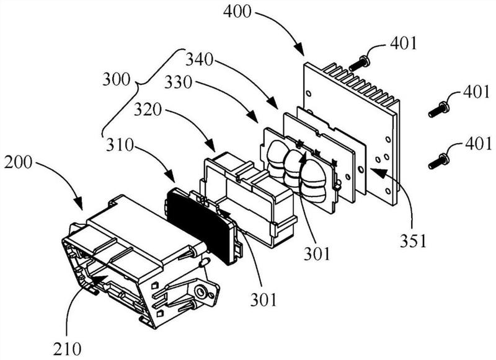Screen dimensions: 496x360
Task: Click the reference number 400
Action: pos(237,12)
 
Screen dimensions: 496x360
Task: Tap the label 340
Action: pos(199,59)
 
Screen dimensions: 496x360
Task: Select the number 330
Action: pos(178,82)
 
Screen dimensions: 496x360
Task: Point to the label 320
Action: pos(148,110)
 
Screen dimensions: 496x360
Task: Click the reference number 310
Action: pos(120,145)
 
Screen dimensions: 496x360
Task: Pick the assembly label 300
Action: pos(117,79)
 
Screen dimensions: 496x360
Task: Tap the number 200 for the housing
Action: pos(19,162)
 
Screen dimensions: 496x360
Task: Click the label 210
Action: pos(67,349)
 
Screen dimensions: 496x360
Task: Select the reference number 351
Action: pos(413,241)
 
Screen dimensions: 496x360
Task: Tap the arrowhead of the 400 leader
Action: pos(299,50)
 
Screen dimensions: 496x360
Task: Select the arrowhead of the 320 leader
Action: pos(210,146)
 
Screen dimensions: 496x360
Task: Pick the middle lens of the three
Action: pos(294,167)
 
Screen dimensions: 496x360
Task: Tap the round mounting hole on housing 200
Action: pos(201,291)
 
